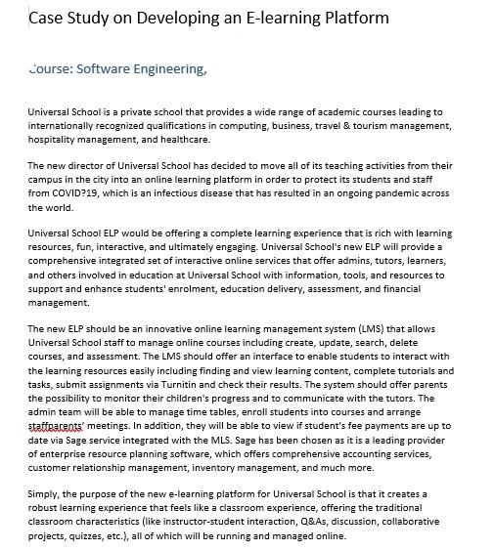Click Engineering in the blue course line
(x=175, y=69)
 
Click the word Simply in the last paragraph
(x=45, y=494)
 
